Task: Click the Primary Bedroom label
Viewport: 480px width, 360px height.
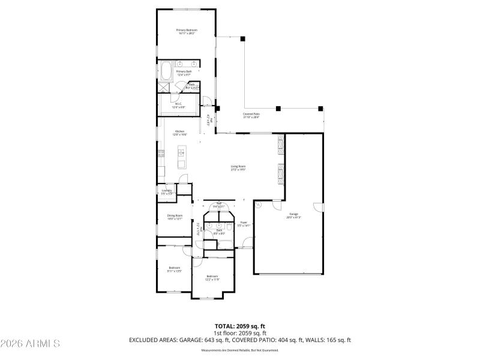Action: coord(187,31)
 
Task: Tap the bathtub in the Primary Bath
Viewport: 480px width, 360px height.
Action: coord(165,74)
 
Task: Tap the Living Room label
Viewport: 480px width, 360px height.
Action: coord(238,167)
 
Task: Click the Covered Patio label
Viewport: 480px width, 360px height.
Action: coord(251,115)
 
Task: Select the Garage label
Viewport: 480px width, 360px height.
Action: coord(294,215)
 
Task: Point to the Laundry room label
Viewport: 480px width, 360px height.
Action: coord(167,192)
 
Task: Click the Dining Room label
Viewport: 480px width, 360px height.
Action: coord(175,217)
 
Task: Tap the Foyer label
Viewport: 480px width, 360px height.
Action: coord(243,223)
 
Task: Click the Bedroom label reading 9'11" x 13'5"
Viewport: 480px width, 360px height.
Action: coord(175,269)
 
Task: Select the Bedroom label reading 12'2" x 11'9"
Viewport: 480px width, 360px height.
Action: coord(212,277)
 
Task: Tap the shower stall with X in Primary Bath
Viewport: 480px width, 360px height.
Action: coord(164,88)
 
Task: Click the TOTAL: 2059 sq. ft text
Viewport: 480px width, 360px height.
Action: coord(240,326)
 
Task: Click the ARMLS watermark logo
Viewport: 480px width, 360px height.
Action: coord(30,344)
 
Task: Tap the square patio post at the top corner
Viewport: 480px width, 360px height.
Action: coord(243,38)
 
